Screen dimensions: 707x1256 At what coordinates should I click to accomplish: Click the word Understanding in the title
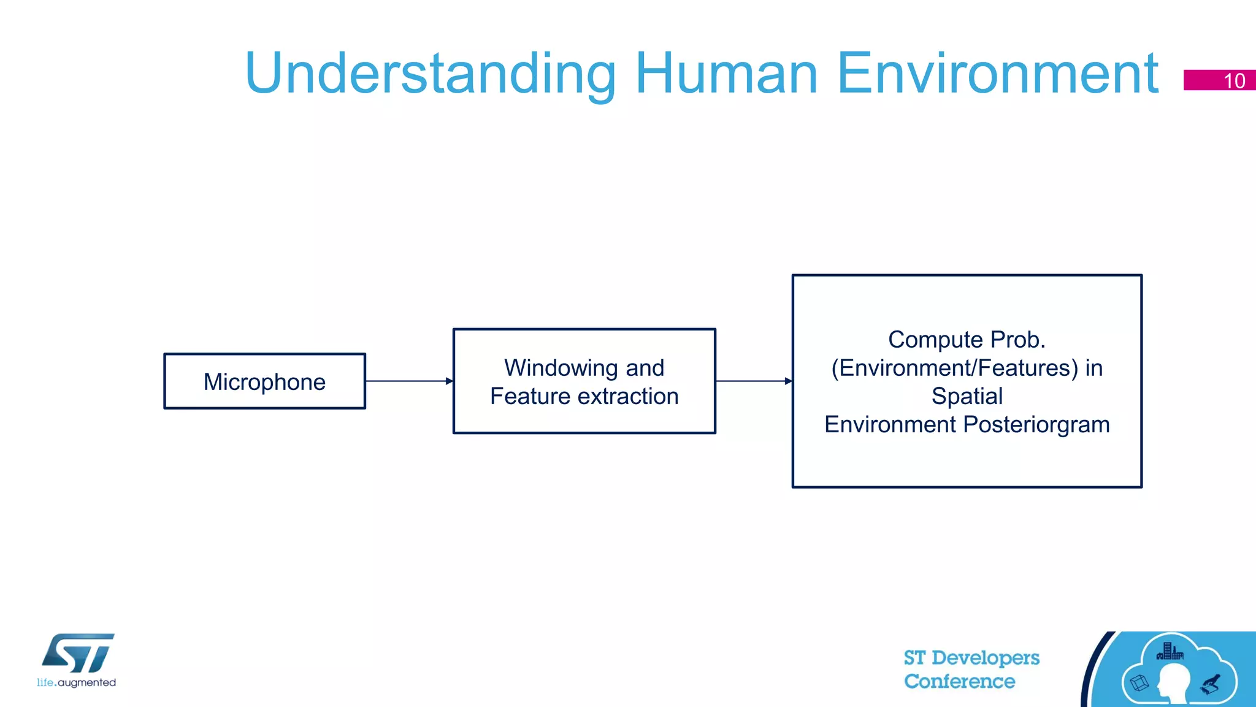[x=429, y=74]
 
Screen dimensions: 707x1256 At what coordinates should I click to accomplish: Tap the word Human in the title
[x=726, y=74]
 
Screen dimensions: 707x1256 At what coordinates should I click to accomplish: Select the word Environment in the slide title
[x=997, y=74]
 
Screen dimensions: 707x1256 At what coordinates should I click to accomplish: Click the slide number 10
[x=1234, y=81]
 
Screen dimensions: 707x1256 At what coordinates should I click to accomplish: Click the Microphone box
[x=264, y=381]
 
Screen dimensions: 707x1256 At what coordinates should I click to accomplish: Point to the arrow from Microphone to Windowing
[x=408, y=381]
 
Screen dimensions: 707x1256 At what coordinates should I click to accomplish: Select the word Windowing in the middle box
[x=561, y=368]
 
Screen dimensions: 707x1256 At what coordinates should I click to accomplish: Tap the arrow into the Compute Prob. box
[x=754, y=381]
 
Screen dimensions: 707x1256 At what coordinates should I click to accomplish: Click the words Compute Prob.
[x=967, y=340]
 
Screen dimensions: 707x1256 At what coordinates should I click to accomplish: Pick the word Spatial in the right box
[x=967, y=396]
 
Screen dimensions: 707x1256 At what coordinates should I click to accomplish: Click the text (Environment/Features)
[x=954, y=368]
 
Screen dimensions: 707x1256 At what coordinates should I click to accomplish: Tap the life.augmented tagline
[x=76, y=682]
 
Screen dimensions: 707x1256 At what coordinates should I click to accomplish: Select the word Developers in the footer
[x=985, y=658]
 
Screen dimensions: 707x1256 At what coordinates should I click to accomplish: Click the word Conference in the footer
[x=959, y=681]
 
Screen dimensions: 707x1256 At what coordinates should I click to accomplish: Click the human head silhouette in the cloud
[x=1173, y=683]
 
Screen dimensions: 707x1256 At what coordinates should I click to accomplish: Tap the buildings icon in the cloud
[x=1170, y=651]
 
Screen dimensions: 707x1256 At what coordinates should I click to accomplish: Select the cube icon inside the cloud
[x=1139, y=682]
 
